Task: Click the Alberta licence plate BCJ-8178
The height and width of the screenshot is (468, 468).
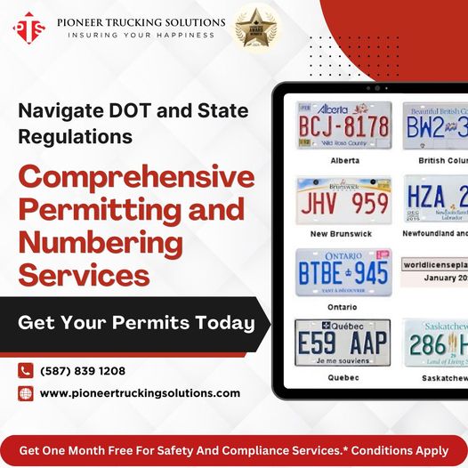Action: pos(343,126)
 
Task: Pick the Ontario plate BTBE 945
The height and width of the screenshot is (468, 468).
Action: pos(343,271)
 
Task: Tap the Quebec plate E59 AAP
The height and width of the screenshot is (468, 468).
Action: pos(343,343)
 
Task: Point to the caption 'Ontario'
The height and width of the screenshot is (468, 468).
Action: pos(343,306)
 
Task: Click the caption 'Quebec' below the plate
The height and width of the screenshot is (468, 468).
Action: pos(343,377)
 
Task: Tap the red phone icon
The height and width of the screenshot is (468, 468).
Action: pos(25,371)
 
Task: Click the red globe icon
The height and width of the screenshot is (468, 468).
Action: pos(25,393)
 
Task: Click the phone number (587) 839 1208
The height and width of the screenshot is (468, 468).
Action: pos(83,371)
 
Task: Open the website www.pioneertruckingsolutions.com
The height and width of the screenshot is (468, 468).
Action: pos(140,393)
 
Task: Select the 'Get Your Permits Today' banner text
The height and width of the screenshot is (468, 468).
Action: pos(136,323)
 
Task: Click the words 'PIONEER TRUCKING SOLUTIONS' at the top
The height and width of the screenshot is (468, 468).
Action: pos(141,20)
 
